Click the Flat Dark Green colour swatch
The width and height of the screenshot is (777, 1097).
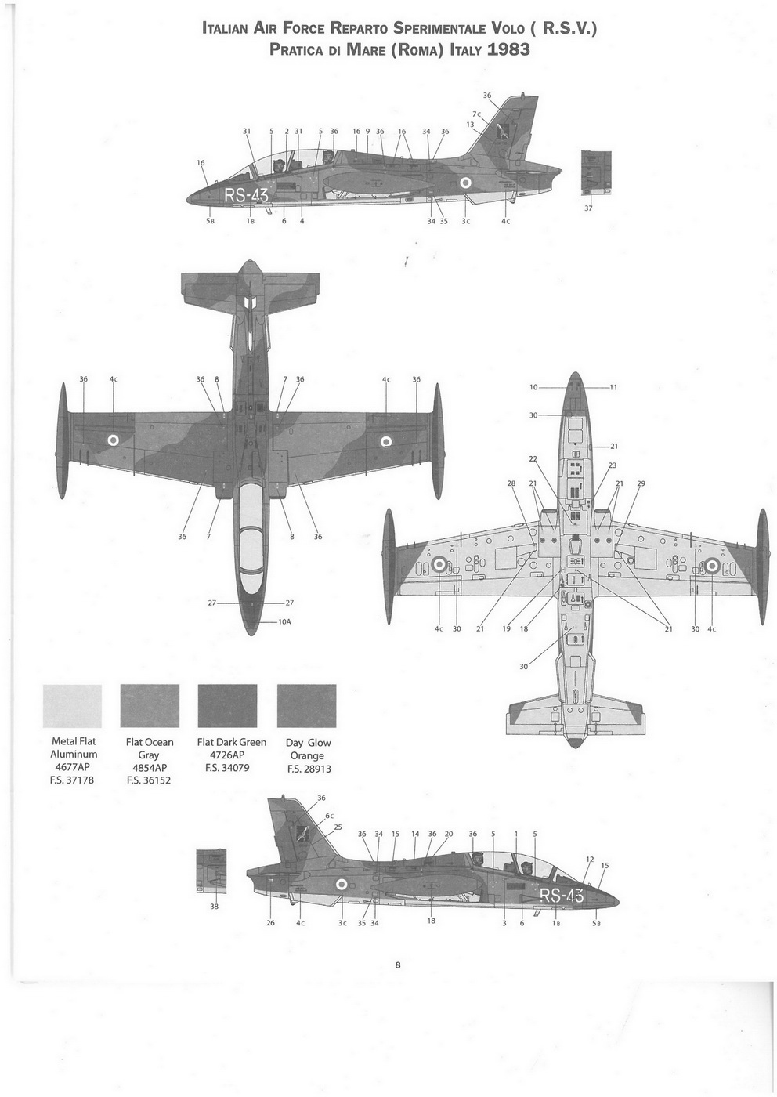pos(227,705)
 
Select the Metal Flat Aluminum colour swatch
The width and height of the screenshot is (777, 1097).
pos(73,705)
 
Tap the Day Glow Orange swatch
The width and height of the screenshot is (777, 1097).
pos(306,705)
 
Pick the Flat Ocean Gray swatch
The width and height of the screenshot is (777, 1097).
pos(150,705)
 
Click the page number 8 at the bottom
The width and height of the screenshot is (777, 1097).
pos(398,965)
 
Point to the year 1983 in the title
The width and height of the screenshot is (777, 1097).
pos(508,50)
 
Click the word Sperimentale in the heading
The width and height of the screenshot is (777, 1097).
pos(434,29)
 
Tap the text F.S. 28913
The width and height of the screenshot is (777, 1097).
pos(307,769)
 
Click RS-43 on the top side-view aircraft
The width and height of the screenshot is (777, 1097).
pos(246,196)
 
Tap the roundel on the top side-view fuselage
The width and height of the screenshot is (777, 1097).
pos(464,183)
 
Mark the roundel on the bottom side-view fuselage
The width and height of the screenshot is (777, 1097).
pos(341,885)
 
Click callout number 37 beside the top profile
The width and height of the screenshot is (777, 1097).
pos(588,208)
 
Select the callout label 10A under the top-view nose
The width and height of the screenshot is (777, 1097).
pos(284,621)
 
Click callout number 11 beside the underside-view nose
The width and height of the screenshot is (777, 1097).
pos(613,387)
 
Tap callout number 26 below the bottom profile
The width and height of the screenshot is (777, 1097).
pos(271,922)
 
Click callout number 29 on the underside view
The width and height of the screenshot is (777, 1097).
pos(641,483)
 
